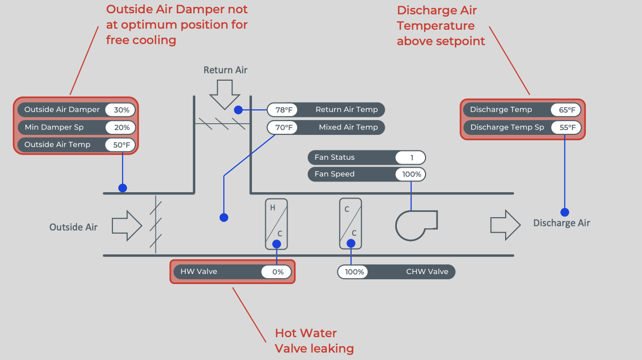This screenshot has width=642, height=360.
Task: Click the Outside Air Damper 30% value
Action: pyautogui.click(x=122, y=110)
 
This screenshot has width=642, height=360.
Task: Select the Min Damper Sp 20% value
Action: pyautogui.click(x=122, y=127)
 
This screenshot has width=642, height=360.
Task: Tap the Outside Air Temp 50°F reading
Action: pyautogui.click(x=122, y=144)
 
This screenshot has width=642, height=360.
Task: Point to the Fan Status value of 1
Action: pyautogui.click(x=410, y=157)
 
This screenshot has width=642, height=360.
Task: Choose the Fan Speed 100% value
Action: pyautogui.click(x=410, y=174)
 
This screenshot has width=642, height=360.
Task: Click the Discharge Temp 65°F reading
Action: pyautogui.click(x=567, y=110)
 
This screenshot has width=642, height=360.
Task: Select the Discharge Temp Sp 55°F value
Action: pyautogui.click(x=567, y=127)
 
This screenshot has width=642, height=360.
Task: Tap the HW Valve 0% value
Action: pyautogui.click(x=276, y=272)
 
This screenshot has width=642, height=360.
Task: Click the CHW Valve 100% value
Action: pyautogui.click(x=353, y=272)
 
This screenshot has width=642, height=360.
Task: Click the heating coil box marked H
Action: pyautogui.click(x=276, y=224)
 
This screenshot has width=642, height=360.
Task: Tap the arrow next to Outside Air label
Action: pyautogui.click(x=127, y=226)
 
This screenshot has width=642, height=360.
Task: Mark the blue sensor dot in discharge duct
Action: pyautogui.click(x=565, y=212)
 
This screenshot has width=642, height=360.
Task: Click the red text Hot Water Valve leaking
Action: pyautogui.click(x=314, y=341)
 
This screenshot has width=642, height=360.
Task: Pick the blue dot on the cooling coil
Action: pyautogui.click(x=351, y=244)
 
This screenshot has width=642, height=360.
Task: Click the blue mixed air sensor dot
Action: pyautogui.click(x=224, y=217)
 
